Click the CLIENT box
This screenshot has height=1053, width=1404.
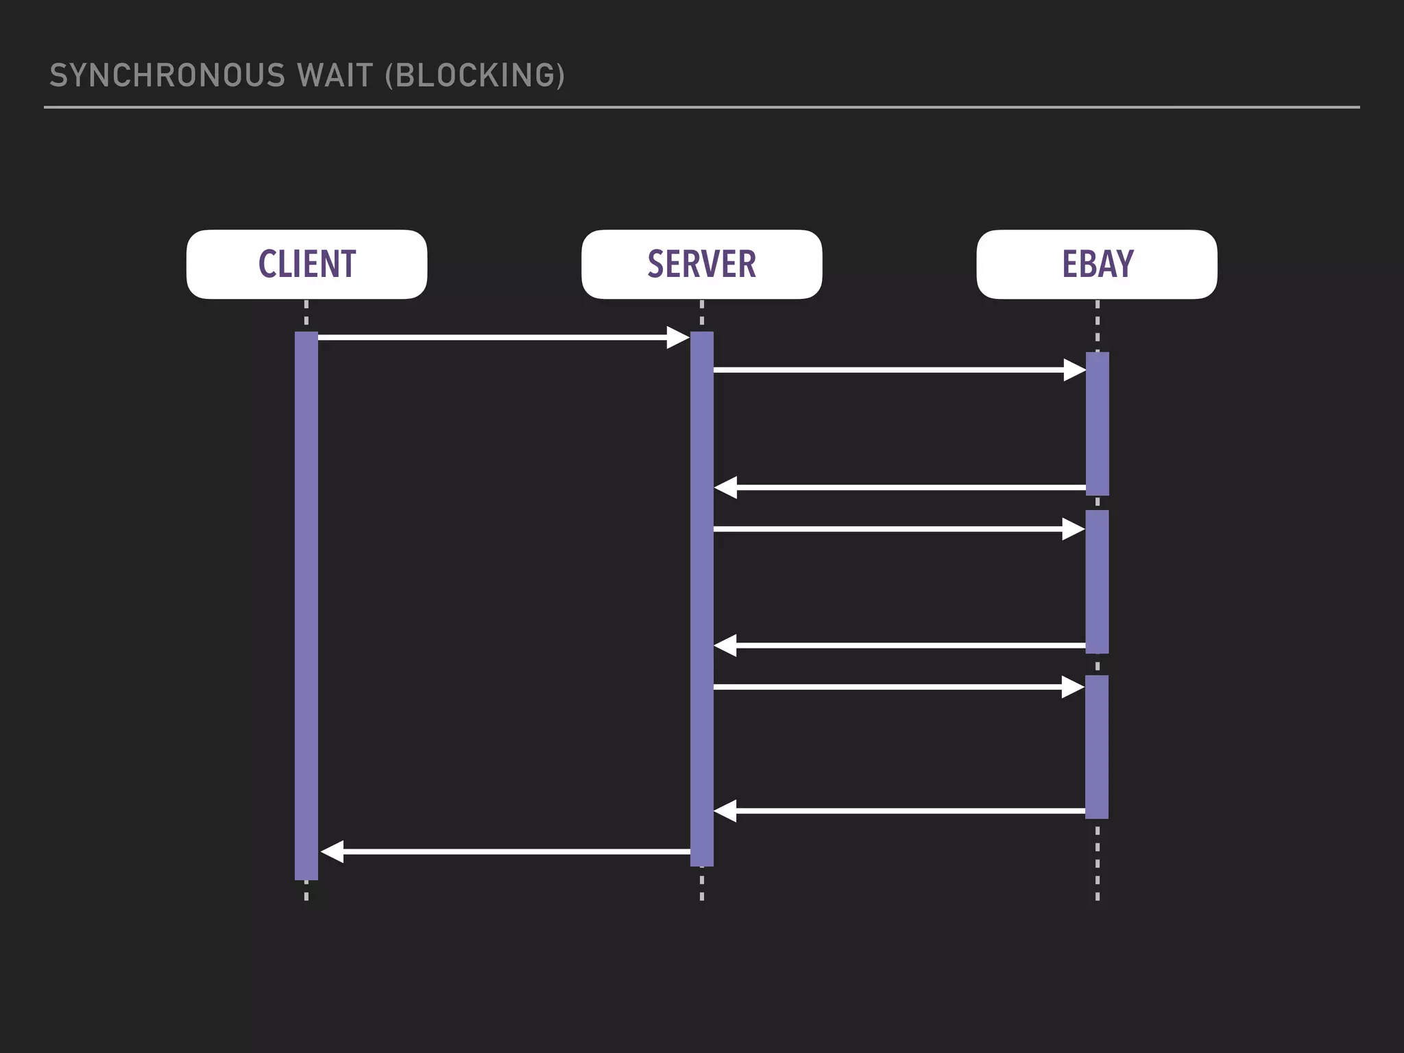(x=306, y=264)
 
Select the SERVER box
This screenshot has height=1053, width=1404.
(x=701, y=264)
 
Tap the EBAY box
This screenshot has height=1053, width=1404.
(x=1097, y=264)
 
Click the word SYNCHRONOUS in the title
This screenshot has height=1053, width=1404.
(x=167, y=75)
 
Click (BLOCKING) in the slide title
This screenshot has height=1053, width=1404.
(x=475, y=75)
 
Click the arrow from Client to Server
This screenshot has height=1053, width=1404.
(x=494, y=337)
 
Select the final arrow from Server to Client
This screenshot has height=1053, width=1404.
(x=507, y=851)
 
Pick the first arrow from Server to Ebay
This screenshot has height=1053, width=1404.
(x=891, y=370)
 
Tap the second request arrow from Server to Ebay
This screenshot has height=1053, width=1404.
(x=891, y=529)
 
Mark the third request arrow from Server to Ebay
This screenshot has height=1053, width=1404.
(x=891, y=687)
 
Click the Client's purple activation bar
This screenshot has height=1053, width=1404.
(x=306, y=603)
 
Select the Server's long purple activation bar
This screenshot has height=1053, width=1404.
(x=701, y=596)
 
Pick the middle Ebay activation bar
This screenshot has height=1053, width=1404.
(x=1097, y=581)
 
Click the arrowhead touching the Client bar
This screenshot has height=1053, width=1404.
(x=332, y=851)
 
